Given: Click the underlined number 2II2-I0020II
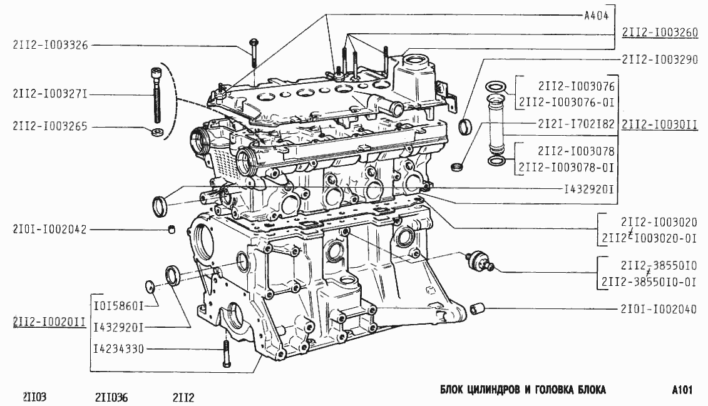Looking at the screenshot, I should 49,322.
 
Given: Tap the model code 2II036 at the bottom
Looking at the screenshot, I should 112,397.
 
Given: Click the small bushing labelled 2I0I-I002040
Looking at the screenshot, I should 479,308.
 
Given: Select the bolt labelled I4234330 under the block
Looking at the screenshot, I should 225,355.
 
